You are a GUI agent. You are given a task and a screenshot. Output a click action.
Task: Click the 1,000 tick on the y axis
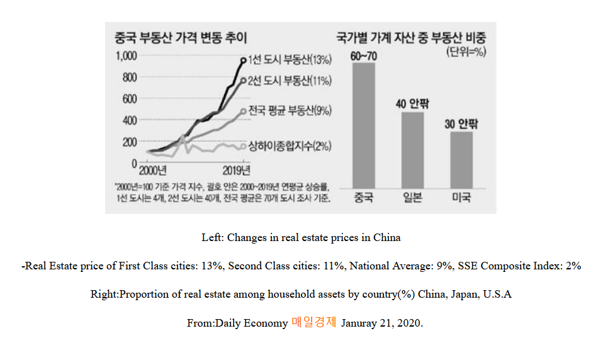click(126, 56)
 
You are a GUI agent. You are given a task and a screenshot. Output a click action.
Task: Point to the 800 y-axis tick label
click(129, 77)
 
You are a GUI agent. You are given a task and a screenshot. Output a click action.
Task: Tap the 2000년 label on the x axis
click(152, 171)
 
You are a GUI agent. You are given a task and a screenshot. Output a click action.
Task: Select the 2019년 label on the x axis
click(237, 171)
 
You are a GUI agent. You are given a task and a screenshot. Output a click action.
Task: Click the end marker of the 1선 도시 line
click(244, 60)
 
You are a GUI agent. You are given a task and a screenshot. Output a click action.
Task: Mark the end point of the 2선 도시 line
click(244, 81)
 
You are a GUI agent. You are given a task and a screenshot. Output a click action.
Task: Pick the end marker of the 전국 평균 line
click(244, 111)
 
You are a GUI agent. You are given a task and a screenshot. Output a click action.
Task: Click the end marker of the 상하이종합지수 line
click(244, 146)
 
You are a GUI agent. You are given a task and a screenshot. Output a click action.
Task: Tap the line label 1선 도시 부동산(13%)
click(290, 60)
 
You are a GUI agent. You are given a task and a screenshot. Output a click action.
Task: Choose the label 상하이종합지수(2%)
click(290, 146)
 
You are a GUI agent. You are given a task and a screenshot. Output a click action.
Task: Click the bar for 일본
click(413, 150)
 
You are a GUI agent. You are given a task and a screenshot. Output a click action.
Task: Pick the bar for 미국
click(462, 159)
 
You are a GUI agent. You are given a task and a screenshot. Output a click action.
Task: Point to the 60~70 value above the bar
click(364, 57)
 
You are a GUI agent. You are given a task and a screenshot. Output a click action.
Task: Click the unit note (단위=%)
click(466, 52)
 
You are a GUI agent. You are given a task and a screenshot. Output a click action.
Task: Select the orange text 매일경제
click(313, 323)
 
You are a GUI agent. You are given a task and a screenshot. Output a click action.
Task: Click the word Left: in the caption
click(213, 238)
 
